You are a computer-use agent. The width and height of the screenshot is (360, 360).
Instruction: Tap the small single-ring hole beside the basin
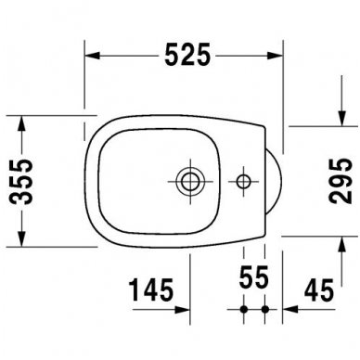245,177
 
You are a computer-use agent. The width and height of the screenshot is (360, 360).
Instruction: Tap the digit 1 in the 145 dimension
133,289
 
